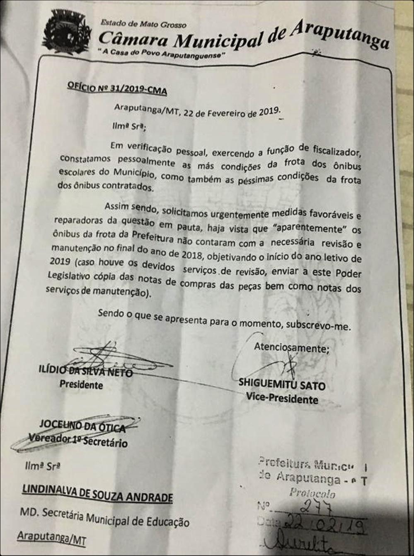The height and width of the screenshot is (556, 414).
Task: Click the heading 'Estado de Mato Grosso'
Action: click(143, 24)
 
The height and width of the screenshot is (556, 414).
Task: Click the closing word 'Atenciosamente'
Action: click(291, 348)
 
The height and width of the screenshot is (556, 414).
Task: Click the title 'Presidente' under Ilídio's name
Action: click(81, 385)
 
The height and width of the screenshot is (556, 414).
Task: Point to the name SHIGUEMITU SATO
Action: click(282, 384)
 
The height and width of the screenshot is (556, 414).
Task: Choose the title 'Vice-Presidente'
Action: click(282, 398)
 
